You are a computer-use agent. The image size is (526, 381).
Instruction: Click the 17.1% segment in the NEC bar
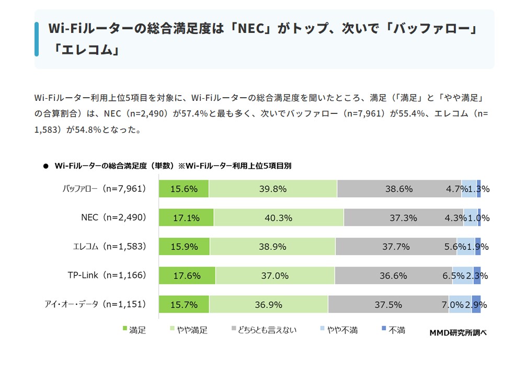click(x=186, y=217)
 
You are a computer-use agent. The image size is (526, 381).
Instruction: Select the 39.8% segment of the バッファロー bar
click(x=273, y=189)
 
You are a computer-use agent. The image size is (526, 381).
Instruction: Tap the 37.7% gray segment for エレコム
click(x=396, y=247)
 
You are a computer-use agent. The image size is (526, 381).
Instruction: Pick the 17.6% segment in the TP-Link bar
click(x=187, y=275)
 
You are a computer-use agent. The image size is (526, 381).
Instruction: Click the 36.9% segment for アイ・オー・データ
click(x=269, y=304)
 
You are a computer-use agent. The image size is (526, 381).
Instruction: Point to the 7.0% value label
click(x=452, y=304)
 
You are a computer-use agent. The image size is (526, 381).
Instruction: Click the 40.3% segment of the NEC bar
click(x=279, y=217)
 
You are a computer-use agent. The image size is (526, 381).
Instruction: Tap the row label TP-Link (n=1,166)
click(x=107, y=275)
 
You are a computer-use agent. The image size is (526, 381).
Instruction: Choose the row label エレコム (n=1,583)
click(x=109, y=246)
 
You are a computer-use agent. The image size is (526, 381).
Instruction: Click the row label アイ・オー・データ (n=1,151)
click(x=95, y=304)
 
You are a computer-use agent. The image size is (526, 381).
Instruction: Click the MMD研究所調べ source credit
click(x=458, y=332)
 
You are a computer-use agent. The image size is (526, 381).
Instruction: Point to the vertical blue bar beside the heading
click(x=37, y=39)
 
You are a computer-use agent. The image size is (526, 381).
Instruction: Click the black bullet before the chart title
click(x=45, y=166)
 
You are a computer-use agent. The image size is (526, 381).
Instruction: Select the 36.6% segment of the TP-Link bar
click(x=393, y=275)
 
